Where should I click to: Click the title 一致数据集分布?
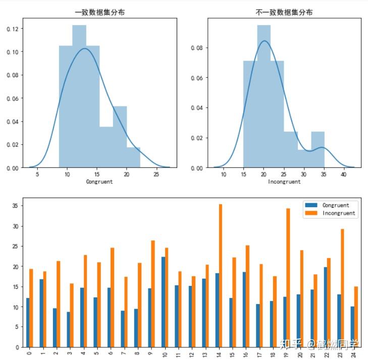pyautogui.click(x=99, y=12)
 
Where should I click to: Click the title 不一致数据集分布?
pyautogui.click(x=284, y=12)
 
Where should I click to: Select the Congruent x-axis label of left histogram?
pyautogui.click(x=99, y=181)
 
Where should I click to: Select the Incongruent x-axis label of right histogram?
pyautogui.click(x=284, y=181)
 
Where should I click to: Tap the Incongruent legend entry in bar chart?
pyautogui.click(x=338, y=213)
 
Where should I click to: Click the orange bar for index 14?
pyautogui.click(x=220, y=275)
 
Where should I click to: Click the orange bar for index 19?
pyautogui.click(x=288, y=277)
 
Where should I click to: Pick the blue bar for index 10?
pyautogui.click(x=163, y=302)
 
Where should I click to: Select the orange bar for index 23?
pyautogui.click(x=342, y=287)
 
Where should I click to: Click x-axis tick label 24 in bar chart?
pyautogui.click(x=353, y=353)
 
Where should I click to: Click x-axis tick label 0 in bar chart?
pyautogui.click(x=30, y=352)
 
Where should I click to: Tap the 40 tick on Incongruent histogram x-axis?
pyautogui.click(x=343, y=174)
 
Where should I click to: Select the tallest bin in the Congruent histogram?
pyautogui.click(x=79, y=96)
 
